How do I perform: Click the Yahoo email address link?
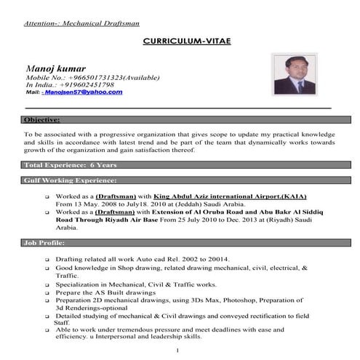coord(83,93)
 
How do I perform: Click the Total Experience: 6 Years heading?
coord(60,165)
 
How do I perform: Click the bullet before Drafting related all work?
coord(47,260)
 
